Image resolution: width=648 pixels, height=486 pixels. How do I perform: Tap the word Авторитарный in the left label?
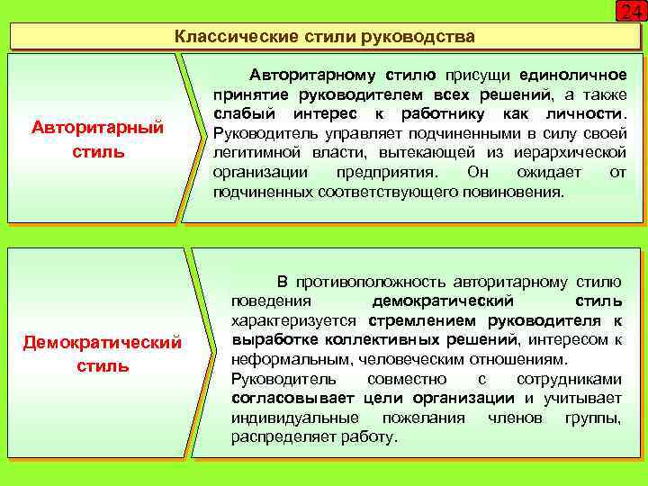point(98,128)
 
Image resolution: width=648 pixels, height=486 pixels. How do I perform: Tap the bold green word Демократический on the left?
point(103,343)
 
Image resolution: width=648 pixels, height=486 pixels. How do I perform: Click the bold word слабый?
point(245,113)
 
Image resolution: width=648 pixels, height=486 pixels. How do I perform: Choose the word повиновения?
point(512,192)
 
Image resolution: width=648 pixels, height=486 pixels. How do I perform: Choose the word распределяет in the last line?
point(274,437)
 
